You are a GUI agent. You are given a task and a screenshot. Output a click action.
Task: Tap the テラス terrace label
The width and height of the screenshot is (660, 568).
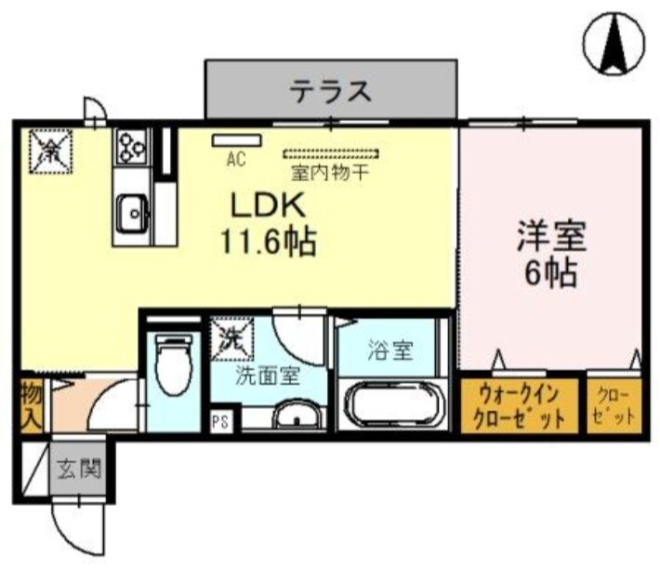click(331, 91)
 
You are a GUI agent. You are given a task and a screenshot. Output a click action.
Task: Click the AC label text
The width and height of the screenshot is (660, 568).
click(236, 159)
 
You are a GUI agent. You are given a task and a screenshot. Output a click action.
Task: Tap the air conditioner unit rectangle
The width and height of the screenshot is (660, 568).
click(237, 140)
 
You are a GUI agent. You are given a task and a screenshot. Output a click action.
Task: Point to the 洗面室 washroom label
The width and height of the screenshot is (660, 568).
click(268, 378)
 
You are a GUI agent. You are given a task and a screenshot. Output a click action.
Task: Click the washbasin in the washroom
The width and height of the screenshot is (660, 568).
click(297, 415)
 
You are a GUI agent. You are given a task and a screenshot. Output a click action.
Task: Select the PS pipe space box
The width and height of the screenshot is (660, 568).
click(221, 420)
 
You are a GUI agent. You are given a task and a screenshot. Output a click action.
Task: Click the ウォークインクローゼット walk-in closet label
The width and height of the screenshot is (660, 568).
click(518, 403)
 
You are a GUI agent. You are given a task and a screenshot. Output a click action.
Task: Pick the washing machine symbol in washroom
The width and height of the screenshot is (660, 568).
click(230, 339)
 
